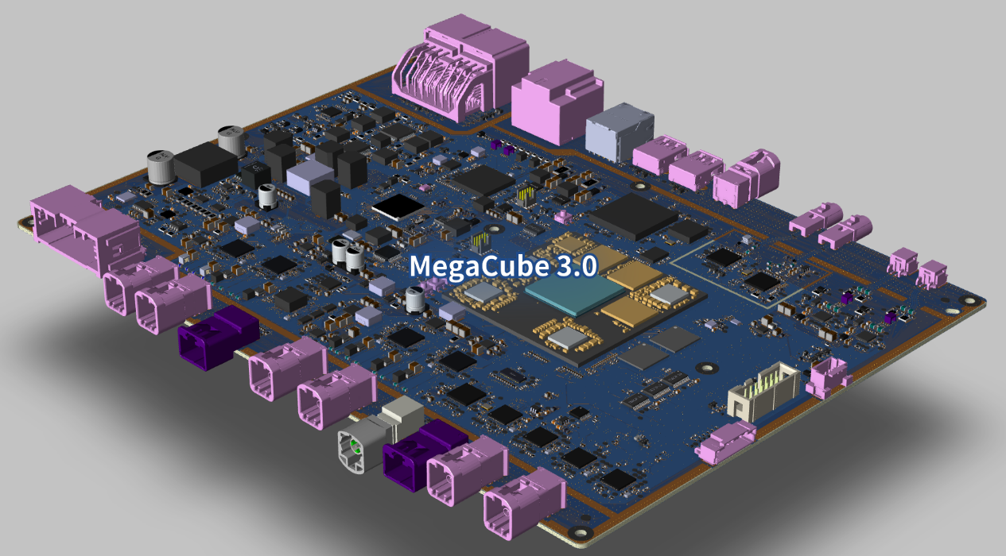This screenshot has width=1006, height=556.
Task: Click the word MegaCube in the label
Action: point(480,266)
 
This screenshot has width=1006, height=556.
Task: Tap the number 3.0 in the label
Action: point(577,265)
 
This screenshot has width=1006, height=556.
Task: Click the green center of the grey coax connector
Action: point(355,446)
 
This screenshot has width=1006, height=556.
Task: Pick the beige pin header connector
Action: point(763,392)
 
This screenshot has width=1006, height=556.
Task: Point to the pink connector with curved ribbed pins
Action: point(460,68)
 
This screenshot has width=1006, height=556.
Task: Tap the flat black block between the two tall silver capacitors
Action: point(206,164)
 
